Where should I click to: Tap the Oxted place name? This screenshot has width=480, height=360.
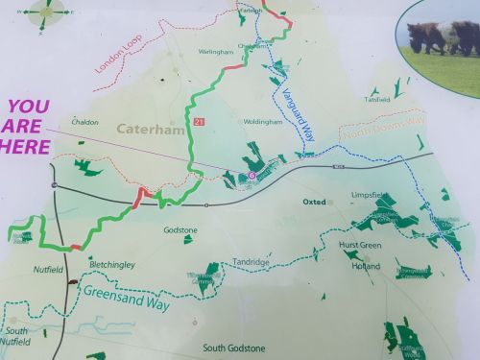[314, 203]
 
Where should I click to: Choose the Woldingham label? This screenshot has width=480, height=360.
[262, 122]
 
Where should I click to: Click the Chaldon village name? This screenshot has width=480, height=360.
[84, 122]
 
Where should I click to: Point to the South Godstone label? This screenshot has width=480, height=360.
[233, 348]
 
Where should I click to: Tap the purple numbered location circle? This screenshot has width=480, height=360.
[252, 176]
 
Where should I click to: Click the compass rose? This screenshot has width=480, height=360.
[45, 12]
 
